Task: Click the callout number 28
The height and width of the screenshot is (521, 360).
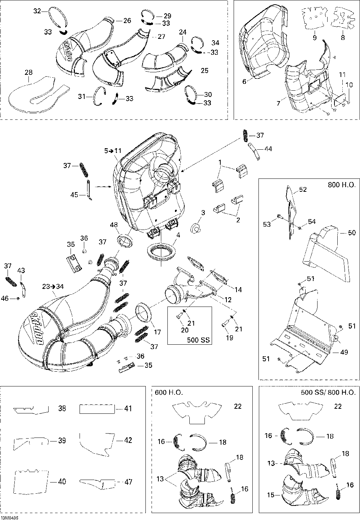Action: [x=29, y=72]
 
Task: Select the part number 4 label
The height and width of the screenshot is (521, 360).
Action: [x=178, y=235]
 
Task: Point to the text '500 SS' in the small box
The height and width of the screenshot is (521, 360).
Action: [x=198, y=340]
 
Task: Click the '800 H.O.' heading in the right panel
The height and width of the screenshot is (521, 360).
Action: [x=342, y=185]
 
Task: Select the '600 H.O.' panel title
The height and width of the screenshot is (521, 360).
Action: [x=169, y=393]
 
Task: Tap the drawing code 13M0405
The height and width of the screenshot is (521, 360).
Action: [x=10, y=518]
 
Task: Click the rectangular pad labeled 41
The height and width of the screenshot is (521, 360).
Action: [x=97, y=409]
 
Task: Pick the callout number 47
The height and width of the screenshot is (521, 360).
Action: [x=128, y=482]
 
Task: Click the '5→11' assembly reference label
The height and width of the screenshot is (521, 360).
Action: [x=113, y=151]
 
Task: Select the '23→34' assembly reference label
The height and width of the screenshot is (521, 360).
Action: [x=53, y=286]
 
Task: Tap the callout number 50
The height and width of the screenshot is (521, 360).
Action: [x=352, y=232]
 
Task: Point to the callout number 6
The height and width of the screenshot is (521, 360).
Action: [x=244, y=81]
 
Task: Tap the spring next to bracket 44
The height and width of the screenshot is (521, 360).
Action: [x=244, y=135]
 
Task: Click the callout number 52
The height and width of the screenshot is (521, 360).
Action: [x=303, y=190]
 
